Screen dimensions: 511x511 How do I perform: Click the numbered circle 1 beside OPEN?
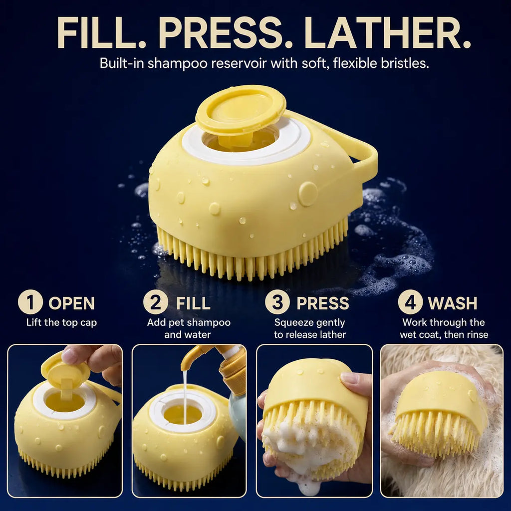coord(30,302)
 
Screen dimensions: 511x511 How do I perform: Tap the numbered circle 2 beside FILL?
coord(156,302)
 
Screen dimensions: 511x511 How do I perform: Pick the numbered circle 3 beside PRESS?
coord(277,302)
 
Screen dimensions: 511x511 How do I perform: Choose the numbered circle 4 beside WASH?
coord(410,302)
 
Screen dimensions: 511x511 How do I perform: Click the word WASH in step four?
coord(452,303)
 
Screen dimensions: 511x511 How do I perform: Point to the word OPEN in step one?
coord(72,303)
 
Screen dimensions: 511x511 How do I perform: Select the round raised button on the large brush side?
coord(307,194)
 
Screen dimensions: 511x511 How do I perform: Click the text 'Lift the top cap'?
coord(61,322)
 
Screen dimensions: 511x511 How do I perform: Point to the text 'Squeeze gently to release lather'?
coord(309,328)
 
